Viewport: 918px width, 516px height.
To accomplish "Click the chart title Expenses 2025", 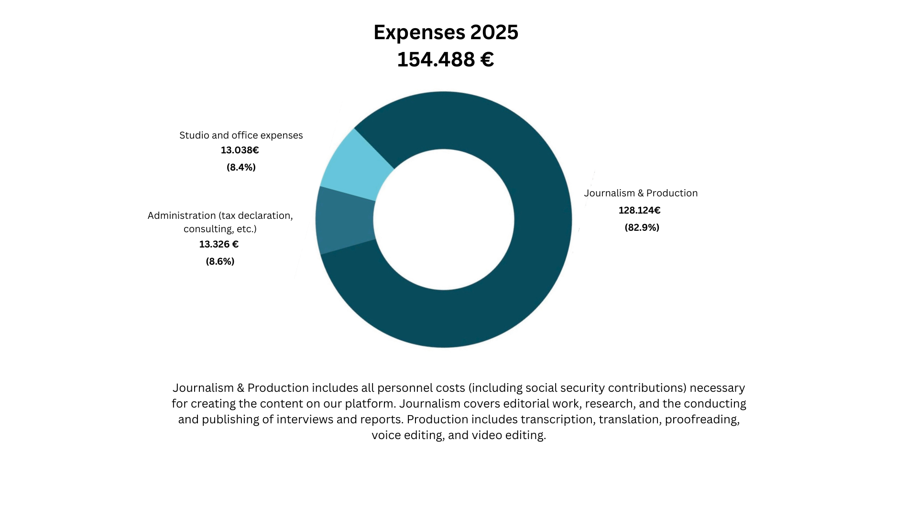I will point(446,32).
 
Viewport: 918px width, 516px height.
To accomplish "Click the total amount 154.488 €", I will point(446,60).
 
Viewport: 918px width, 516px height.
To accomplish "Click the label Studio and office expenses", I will point(241,135).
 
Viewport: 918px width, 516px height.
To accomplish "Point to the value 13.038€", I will point(240,150).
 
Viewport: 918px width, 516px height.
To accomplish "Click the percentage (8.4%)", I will point(241,167).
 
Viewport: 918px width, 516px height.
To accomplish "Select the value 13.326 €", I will point(219,244).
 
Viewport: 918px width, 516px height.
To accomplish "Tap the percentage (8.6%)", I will point(220,261).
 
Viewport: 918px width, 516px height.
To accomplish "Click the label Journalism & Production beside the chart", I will point(641,193).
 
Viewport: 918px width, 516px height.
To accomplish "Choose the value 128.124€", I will point(639,210).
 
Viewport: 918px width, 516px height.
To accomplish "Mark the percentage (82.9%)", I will point(642,227).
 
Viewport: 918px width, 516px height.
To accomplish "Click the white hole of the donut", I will point(444,220).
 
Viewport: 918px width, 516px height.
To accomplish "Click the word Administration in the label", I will point(182,215).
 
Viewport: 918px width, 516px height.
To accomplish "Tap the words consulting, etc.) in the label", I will point(220,229).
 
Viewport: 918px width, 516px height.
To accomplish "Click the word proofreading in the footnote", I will point(702,419).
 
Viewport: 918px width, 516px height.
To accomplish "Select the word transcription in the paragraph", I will point(557,419).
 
